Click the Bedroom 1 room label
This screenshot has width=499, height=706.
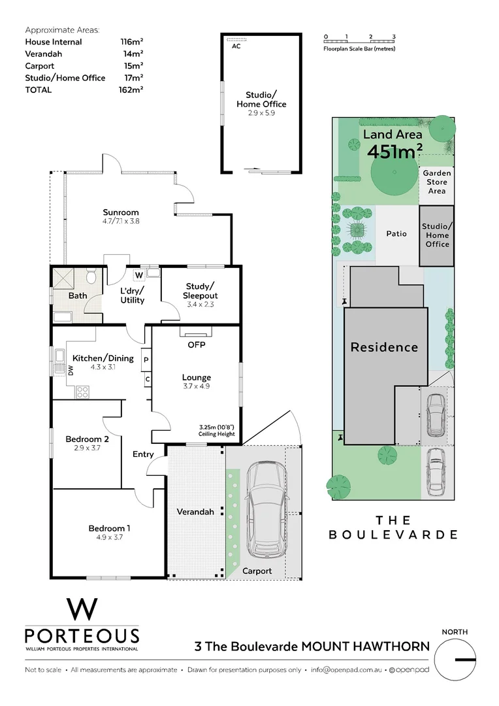point(106,528)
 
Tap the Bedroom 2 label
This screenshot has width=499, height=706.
point(87,439)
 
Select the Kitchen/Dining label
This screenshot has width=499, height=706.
point(103,358)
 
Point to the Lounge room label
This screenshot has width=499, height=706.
point(197,377)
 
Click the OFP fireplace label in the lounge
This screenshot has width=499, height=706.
point(197,344)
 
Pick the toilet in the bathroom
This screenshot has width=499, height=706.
point(91,277)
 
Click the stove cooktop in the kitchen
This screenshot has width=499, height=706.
point(83,392)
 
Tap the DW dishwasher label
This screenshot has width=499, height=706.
point(71,371)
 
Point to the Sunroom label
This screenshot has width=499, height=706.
point(121,212)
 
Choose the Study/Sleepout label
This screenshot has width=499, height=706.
point(200,291)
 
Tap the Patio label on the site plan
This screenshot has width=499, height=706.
point(396,233)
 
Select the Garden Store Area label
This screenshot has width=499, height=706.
point(436,182)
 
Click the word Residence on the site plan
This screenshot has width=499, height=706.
point(384,347)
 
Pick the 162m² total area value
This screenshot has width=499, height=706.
point(132,90)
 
